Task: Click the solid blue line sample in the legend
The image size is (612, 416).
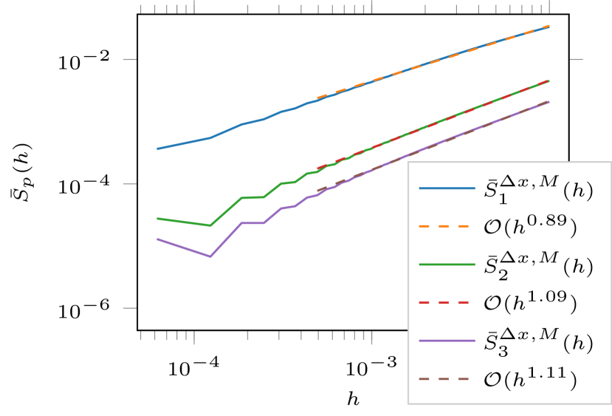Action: tap(447, 188)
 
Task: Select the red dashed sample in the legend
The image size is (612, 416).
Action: tap(447, 303)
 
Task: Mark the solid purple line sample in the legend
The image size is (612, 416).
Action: tap(447, 341)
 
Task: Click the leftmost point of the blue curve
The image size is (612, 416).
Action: tap(157, 149)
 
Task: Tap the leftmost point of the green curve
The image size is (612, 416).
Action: tap(157, 219)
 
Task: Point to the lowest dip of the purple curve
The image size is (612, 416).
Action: tap(211, 256)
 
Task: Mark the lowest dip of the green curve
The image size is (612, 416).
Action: tap(211, 225)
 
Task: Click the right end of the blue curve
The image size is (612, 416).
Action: tap(549, 27)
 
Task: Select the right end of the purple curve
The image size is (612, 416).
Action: tap(549, 101)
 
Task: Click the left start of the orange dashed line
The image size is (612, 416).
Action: tap(317, 98)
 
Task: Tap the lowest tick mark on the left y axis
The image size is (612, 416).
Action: tap(129, 307)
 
